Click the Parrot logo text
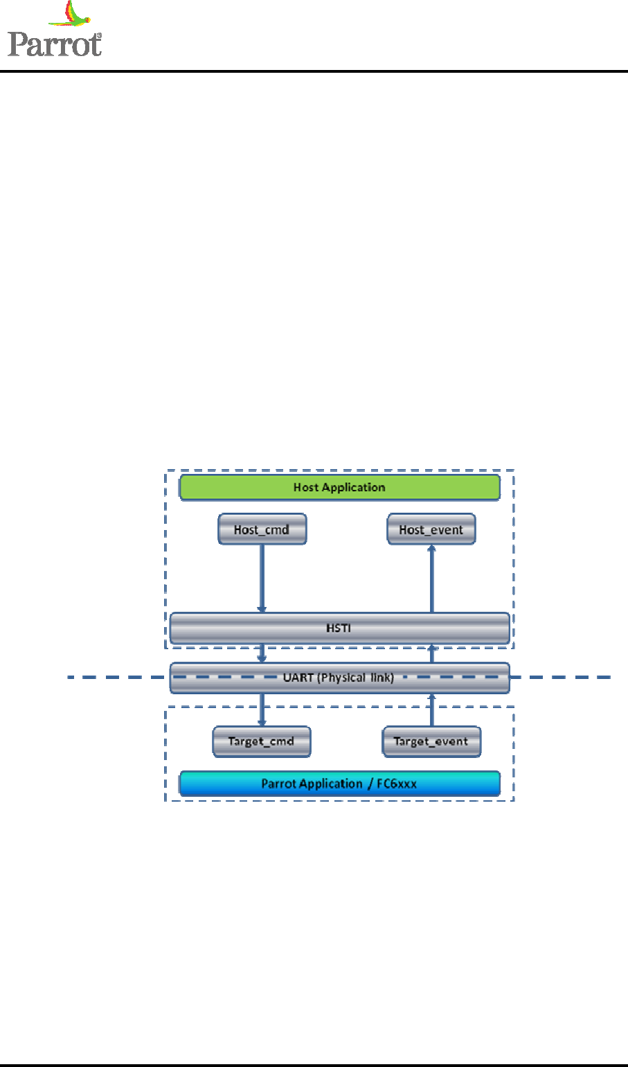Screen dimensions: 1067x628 coord(54,44)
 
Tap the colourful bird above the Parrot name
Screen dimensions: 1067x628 coord(71,15)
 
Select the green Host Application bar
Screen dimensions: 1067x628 coord(339,487)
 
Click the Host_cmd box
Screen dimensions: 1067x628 coord(262,529)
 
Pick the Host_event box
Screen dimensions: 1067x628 coord(431,529)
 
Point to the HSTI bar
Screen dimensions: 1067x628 coord(339,628)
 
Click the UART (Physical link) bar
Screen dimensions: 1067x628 coord(339,678)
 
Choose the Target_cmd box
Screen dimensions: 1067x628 coord(261,741)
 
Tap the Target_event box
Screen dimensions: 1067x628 coord(431,741)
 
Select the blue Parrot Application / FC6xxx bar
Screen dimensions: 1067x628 coord(339,784)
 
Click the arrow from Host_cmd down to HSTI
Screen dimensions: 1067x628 coord(262,578)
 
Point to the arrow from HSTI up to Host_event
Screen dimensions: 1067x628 coord(431,578)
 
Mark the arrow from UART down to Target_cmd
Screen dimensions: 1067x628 coord(262,709)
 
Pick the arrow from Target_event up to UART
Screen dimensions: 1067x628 coord(431,709)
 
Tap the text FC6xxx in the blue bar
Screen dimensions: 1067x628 coord(397,784)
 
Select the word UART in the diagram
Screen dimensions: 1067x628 coord(298,678)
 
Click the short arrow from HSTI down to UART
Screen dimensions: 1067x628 coord(262,653)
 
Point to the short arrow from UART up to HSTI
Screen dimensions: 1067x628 coord(431,653)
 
